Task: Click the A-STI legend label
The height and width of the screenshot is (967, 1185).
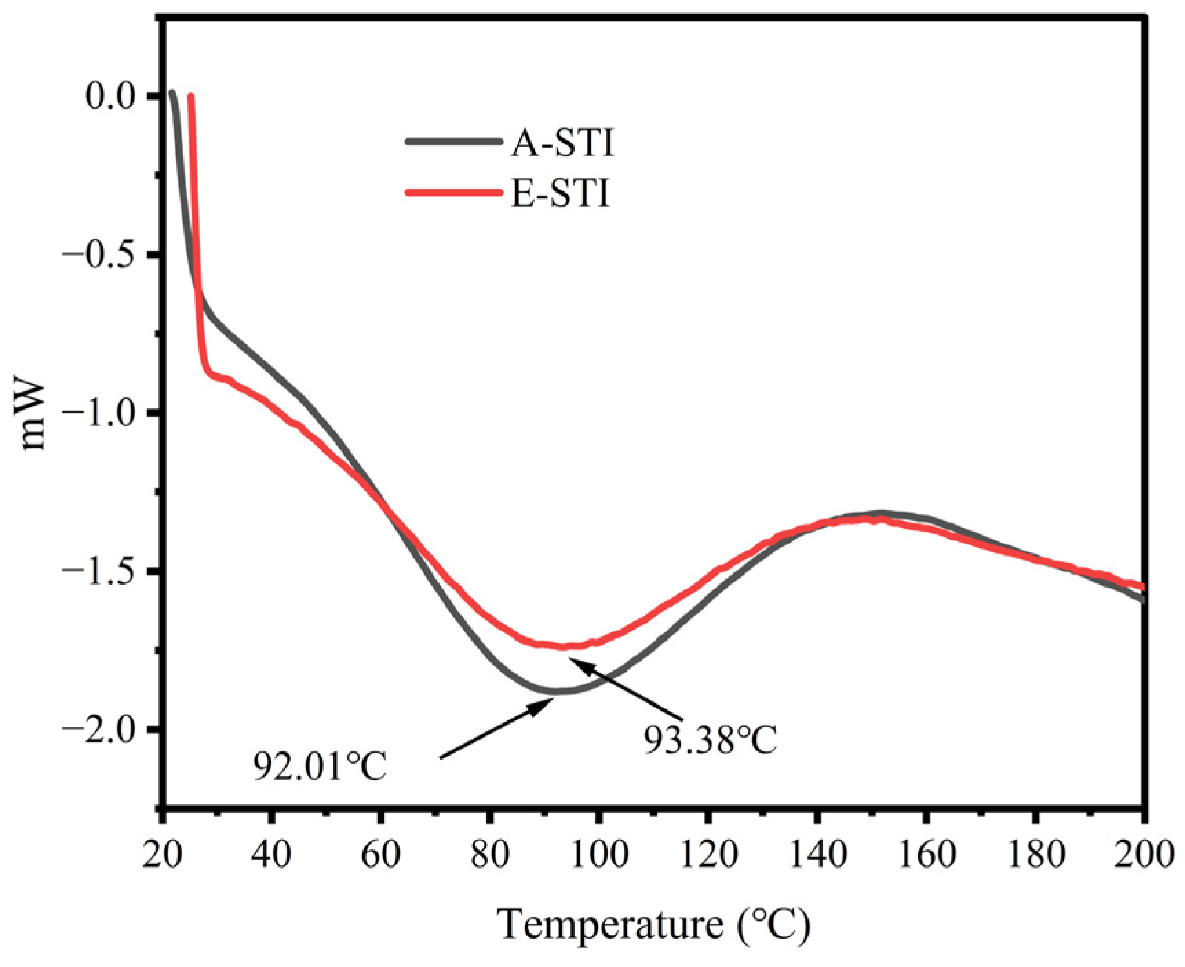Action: pos(561,143)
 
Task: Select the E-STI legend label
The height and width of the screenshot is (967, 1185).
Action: pos(560,194)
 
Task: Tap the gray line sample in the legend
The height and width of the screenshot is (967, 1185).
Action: pos(453,142)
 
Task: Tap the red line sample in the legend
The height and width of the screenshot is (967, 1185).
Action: pos(453,193)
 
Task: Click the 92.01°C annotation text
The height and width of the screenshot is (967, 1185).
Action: pos(320,766)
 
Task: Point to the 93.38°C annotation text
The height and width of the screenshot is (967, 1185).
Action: pos(710,740)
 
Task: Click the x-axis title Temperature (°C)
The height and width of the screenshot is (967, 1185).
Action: pos(654,924)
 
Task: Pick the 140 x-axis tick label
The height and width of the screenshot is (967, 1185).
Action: pos(816,854)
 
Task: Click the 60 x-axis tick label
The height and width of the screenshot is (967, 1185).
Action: pos(380,854)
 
